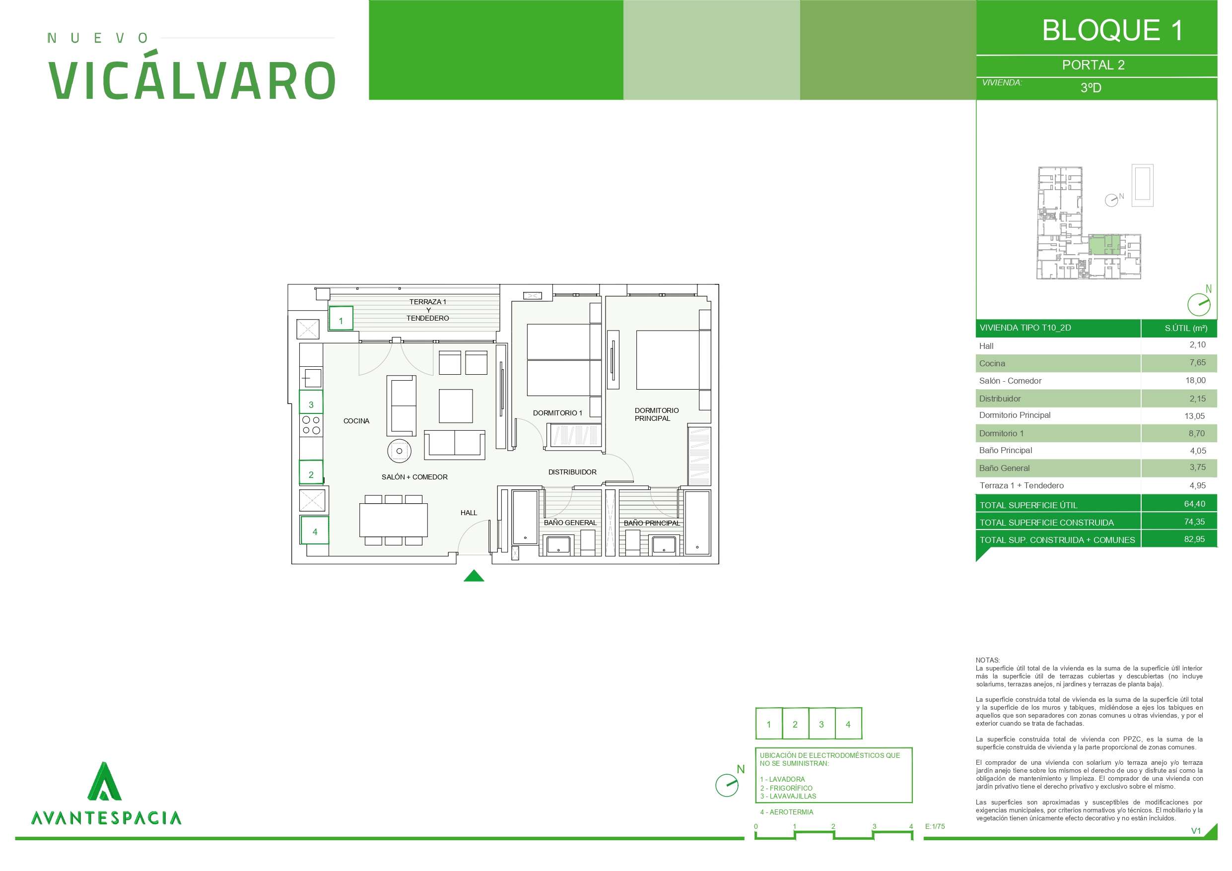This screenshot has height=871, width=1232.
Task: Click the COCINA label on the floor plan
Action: point(356,421)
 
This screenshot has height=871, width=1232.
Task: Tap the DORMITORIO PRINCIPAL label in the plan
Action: point(656,414)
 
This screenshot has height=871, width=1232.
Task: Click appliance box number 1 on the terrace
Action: point(341,318)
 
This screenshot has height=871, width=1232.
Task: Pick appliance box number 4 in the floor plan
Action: point(314,530)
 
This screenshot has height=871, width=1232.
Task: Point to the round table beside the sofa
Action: point(399,451)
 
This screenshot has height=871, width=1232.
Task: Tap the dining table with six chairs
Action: point(393,520)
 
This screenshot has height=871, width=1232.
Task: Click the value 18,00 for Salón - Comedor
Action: point(1195,381)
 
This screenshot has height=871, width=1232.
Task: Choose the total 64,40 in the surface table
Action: point(1194,504)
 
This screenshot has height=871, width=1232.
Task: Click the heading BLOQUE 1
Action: point(1112,30)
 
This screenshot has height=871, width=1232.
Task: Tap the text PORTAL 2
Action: point(1093,65)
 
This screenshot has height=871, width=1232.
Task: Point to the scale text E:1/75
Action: point(935,826)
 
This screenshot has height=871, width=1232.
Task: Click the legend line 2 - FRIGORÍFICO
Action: point(786,788)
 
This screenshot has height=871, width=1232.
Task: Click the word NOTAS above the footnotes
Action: point(987,660)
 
